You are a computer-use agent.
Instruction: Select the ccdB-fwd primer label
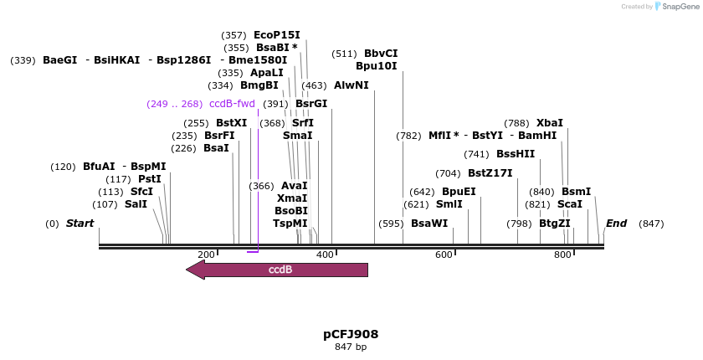pyautogui.click(x=232, y=104)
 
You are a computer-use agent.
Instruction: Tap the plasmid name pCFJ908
pyautogui.click(x=351, y=334)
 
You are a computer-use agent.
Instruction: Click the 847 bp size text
pyautogui.click(x=351, y=347)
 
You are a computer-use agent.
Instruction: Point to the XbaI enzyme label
pyautogui.click(x=549, y=123)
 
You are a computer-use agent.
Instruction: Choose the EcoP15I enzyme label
pyautogui.click(x=276, y=35)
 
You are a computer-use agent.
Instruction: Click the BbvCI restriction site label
pyautogui.click(x=381, y=54)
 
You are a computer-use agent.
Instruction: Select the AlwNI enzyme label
pyautogui.click(x=351, y=85)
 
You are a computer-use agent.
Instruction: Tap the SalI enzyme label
pyautogui.click(x=136, y=204)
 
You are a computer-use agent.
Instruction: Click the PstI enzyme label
pyautogui.click(x=149, y=179)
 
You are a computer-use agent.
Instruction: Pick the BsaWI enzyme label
pyautogui.click(x=429, y=224)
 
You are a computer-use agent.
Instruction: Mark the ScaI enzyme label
pyautogui.click(x=569, y=204)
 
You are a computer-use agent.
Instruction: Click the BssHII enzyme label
pyautogui.click(x=516, y=154)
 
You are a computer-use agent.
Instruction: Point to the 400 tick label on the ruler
pyautogui.click(x=325, y=255)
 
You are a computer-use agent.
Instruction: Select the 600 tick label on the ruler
pyautogui.click(x=444, y=255)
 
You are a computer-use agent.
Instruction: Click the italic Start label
pyautogui.click(x=80, y=224)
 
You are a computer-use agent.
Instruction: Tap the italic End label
pyautogui.click(x=616, y=224)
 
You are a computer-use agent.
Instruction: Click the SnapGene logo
pyautogui.click(x=677, y=7)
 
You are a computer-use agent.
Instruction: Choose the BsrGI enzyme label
pyautogui.click(x=310, y=104)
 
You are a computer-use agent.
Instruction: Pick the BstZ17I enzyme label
pyautogui.click(x=490, y=173)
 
